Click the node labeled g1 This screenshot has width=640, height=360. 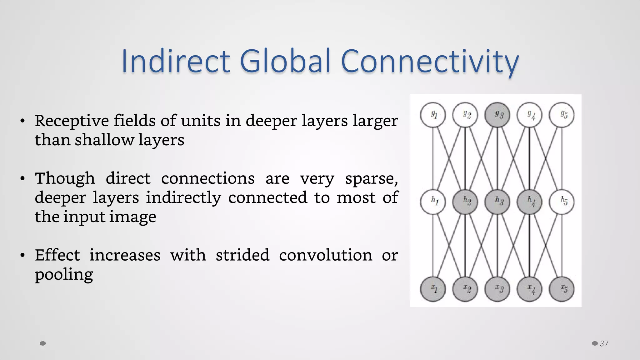coord(433,115)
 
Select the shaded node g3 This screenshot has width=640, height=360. coord(497,115)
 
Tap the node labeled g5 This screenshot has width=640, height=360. coord(562,115)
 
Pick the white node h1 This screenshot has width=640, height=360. coord(433,202)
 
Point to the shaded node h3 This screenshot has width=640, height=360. coord(497,202)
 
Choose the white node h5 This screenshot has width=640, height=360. coord(562,202)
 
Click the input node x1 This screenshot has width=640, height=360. coord(433,289)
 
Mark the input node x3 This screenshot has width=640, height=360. coord(497,289)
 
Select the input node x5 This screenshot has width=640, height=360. coord(562,289)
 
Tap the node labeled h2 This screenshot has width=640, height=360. coord(465,202)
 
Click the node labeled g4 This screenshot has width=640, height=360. coord(530,115)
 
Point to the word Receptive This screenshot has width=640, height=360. coord(72,121)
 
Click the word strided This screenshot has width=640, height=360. coord(242,255)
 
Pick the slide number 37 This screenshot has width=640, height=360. coord(604,344)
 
